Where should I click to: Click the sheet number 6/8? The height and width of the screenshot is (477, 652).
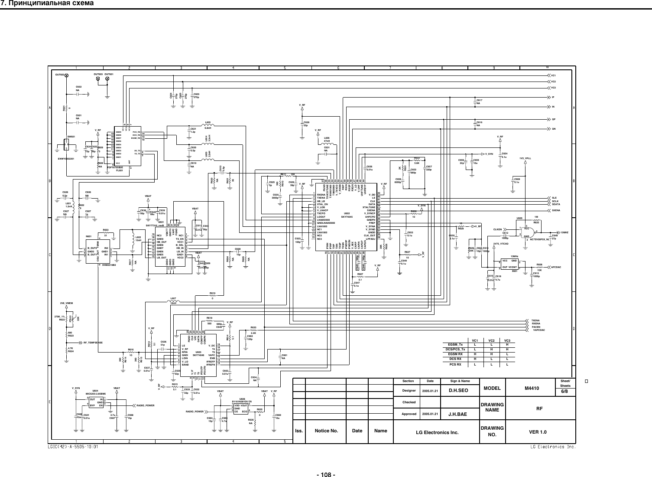tap(566, 390)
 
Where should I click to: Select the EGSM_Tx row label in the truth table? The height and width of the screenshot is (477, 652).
tap(457, 344)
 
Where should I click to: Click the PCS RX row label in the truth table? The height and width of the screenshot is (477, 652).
tap(457, 365)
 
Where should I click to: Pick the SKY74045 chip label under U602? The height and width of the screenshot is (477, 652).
tap(347, 217)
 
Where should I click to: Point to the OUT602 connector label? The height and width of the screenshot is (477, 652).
tap(60, 75)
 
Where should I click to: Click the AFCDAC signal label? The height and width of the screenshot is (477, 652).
tap(556, 267)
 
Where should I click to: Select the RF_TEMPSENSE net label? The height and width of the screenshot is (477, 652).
tap(93, 343)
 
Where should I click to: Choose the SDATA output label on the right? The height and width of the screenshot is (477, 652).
tap(557, 204)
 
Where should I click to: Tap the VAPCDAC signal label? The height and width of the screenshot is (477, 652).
tap(539, 330)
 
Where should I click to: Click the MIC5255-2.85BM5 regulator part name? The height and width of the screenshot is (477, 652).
tap(95, 394)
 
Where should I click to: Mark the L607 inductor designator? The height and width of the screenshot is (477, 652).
tap(173, 298)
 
